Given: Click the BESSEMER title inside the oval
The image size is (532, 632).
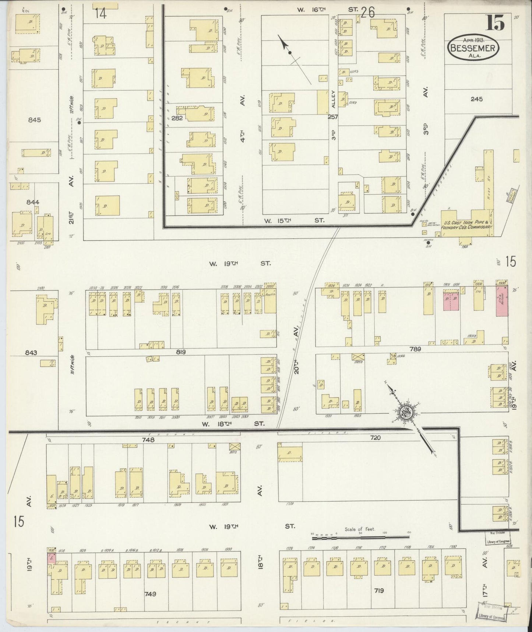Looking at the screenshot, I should [x=473, y=48].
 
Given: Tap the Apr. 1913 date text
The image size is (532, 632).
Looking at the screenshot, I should [x=473, y=39].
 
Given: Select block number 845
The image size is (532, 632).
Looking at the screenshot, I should [x=34, y=120].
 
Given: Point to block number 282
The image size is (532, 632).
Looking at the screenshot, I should [x=177, y=118].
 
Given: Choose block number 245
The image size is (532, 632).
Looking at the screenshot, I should [x=476, y=99].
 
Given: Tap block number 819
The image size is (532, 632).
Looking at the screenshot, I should [x=180, y=352].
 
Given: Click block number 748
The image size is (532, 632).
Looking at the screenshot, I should [x=147, y=440].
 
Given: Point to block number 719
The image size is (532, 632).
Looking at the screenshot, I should [x=378, y=591].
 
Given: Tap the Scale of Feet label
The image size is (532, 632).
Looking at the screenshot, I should [x=359, y=529].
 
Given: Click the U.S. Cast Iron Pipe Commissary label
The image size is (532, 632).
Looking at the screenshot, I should [x=468, y=225].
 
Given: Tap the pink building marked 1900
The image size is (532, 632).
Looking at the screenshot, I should [x=502, y=301].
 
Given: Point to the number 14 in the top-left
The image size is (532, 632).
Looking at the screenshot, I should [x=100, y=14].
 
